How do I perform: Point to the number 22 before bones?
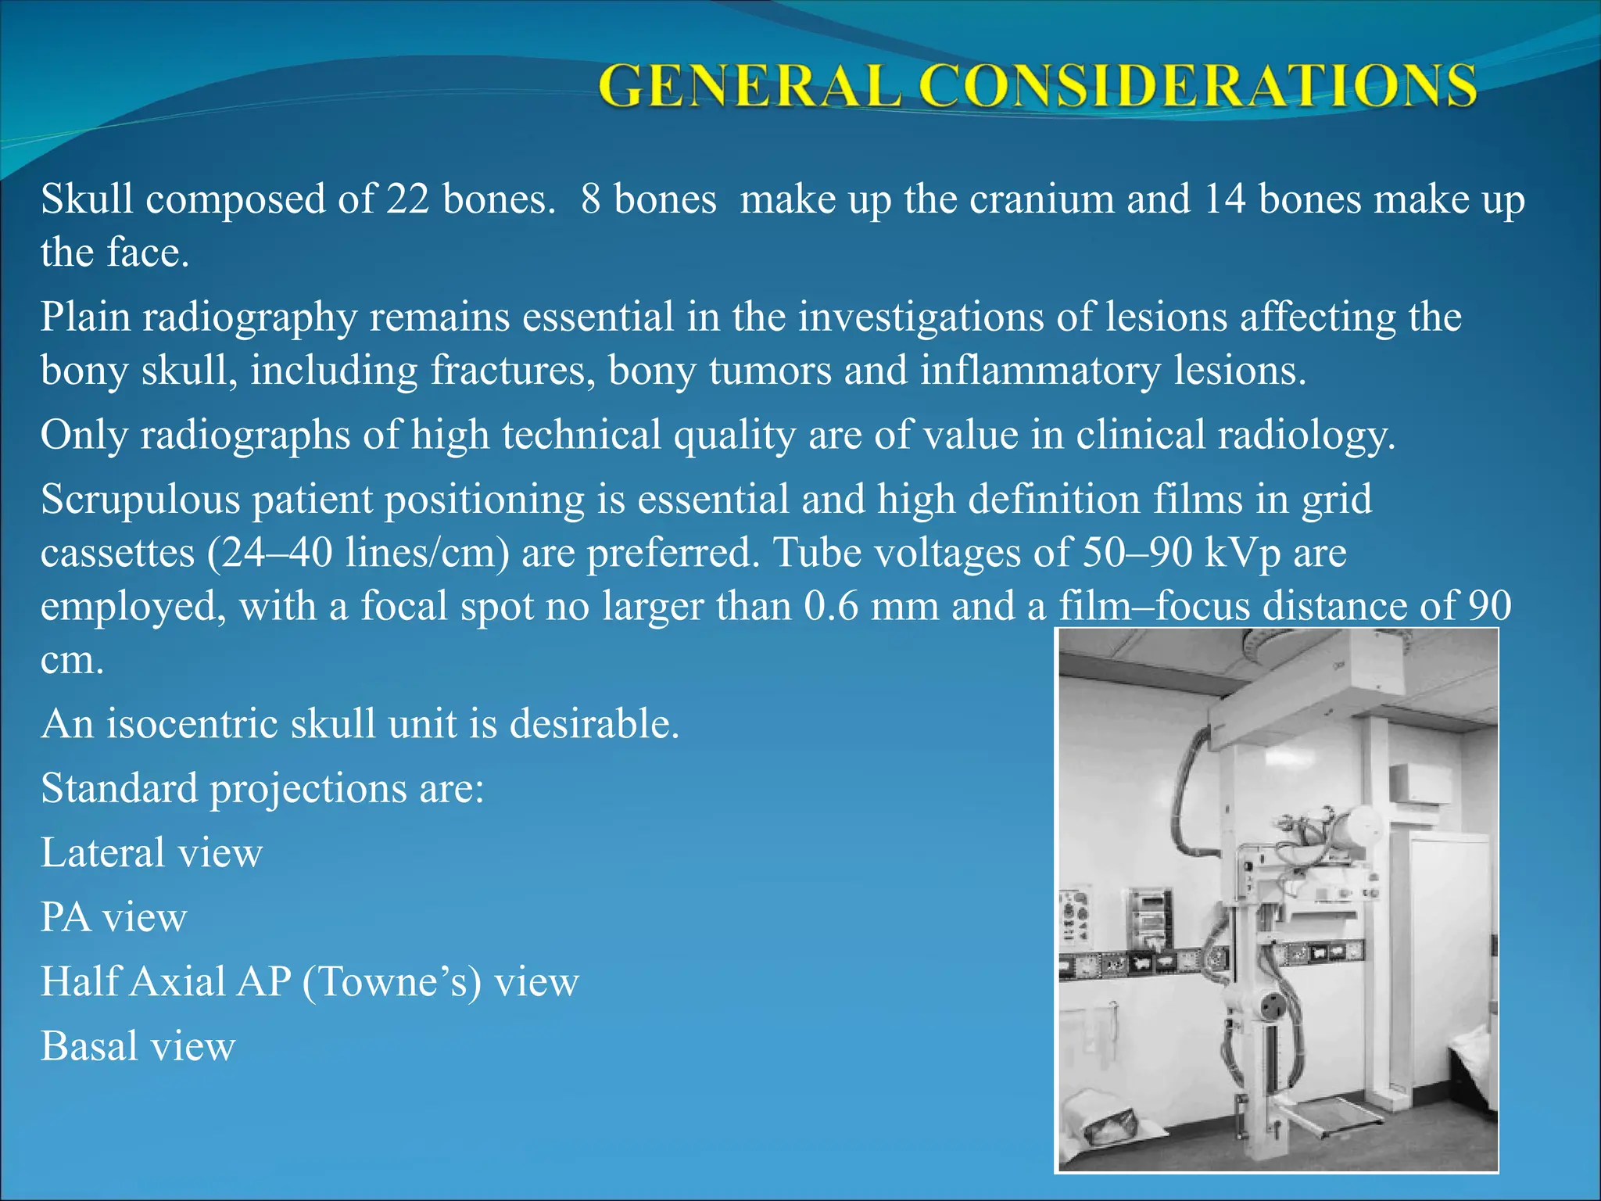click(x=407, y=199)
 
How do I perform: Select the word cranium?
click(x=1041, y=199)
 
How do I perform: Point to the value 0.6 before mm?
click(x=832, y=607)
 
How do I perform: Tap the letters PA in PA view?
click(x=66, y=918)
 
